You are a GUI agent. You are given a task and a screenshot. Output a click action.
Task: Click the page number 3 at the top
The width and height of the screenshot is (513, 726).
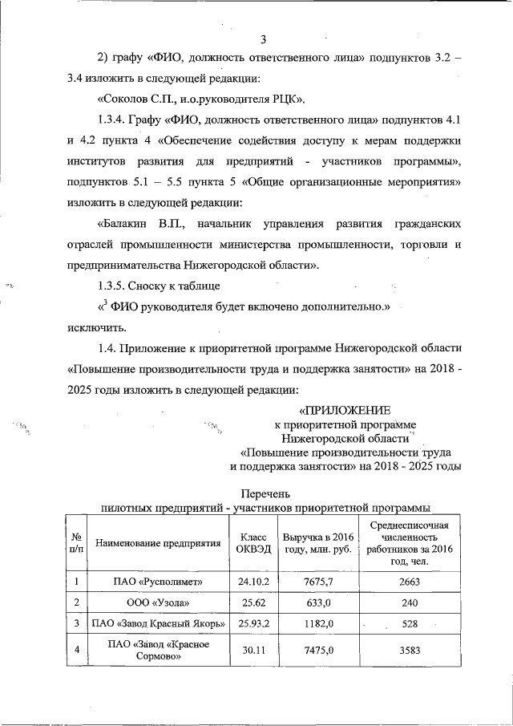pyautogui.click(x=263, y=39)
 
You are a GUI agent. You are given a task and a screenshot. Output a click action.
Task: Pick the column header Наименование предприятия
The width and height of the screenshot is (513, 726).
pyautogui.click(x=158, y=543)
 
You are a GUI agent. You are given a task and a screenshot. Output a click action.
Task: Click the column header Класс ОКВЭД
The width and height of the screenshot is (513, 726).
pyautogui.click(x=248, y=543)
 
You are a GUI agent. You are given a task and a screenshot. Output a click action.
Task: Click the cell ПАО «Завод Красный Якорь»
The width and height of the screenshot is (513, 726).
pyautogui.click(x=158, y=623)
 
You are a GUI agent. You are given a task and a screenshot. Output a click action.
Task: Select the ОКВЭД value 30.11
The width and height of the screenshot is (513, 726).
pyautogui.click(x=248, y=650)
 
